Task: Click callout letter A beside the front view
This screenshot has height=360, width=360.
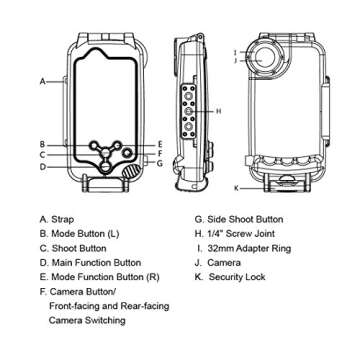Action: coord(42,81)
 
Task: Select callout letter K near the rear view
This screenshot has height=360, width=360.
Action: coord(236,187)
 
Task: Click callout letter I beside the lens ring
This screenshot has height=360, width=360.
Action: coord(232,50)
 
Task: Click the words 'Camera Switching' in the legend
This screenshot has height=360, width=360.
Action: coord(87,321)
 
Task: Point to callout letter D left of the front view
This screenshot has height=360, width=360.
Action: coord(42,167)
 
